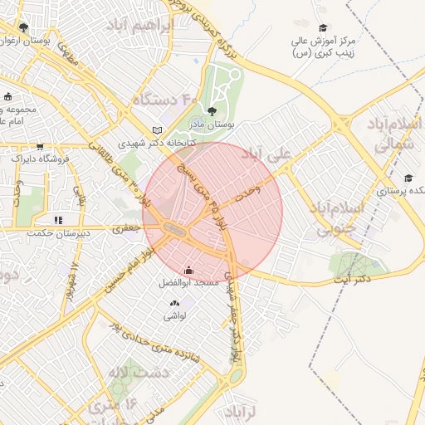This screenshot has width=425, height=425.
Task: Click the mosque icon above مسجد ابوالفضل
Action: coord(188,270)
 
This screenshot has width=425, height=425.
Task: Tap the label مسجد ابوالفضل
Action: coord(188,283)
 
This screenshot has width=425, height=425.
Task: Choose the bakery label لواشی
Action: coord(175,315)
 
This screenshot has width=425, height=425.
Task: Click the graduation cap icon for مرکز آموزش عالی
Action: coord(323,27)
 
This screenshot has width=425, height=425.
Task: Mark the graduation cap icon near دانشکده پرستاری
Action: coord(408,178)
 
